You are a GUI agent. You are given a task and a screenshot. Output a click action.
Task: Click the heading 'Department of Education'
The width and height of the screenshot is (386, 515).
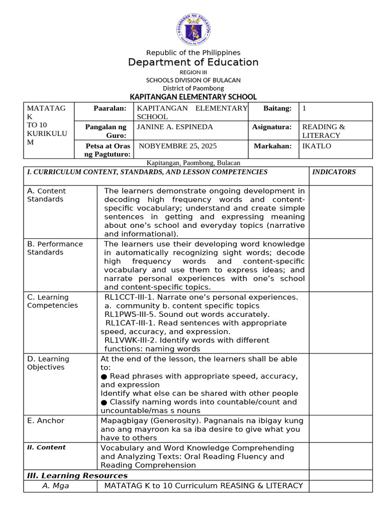point(193,62)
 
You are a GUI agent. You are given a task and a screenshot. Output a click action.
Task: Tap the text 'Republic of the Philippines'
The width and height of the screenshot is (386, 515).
point(193,53)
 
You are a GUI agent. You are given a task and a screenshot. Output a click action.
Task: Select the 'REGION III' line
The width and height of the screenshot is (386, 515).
point(193,72)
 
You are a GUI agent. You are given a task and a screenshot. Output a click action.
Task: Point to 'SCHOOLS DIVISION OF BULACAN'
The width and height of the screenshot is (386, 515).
point(193,80)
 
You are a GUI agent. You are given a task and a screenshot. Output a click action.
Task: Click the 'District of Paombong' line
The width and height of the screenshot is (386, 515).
point(193,88)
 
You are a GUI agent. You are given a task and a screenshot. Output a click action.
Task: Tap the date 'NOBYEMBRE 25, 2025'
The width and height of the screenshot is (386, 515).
point(177,146)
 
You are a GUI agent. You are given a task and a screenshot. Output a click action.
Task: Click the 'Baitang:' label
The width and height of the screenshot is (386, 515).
point(277,109)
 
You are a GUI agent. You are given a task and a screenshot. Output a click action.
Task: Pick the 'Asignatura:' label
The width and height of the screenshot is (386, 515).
point(271,127)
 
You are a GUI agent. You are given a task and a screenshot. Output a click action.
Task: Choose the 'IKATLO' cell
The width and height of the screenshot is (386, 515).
point(316,146)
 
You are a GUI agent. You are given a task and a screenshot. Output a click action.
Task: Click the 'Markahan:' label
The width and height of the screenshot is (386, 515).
point(273,146)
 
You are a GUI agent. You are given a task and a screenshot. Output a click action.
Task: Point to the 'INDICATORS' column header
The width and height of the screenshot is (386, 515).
point(334,172)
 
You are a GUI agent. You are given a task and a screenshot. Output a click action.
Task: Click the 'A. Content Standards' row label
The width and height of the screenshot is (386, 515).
point(46,195)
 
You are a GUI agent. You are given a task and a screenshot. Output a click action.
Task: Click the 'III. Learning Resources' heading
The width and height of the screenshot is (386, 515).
point(77,475)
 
